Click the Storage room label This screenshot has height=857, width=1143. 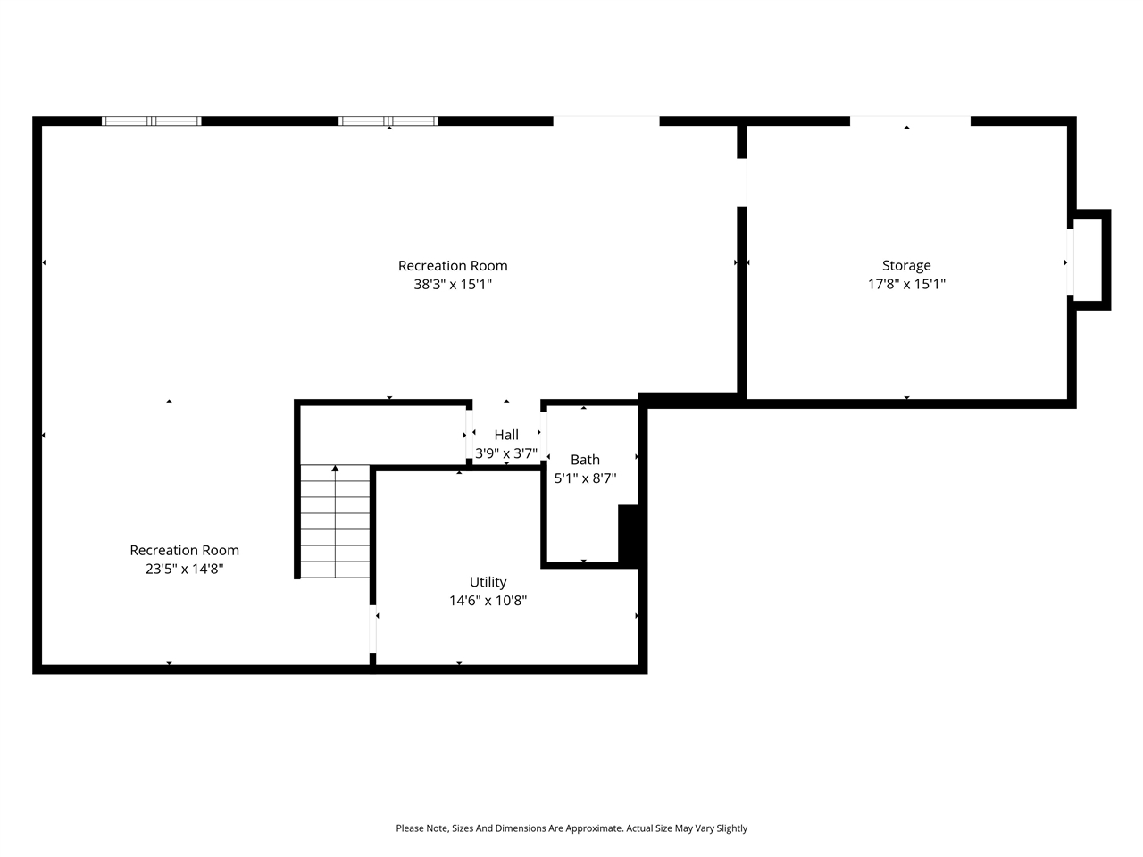point(906,265)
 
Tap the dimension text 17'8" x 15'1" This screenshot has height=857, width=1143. point(906,284)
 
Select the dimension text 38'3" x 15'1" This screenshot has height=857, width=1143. point(453,284)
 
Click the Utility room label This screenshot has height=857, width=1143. point(488,582)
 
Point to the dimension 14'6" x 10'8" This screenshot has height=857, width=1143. point(488,601)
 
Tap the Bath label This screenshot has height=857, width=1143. point(585,460)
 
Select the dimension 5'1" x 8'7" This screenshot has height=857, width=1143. point(585,478)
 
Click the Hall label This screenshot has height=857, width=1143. point(506,435)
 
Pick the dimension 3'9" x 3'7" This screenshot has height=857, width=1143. point(506,453)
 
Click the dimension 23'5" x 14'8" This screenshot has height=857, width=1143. point(184,569)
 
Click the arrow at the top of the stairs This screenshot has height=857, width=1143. point(336,468)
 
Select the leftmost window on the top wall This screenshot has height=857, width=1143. point(152,121)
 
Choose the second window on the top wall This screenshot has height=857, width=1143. point(388,121)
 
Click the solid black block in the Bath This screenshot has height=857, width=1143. point(629,534)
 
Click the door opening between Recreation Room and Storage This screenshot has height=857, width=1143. point(741,182)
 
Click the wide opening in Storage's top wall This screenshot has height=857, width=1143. point(909,121)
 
